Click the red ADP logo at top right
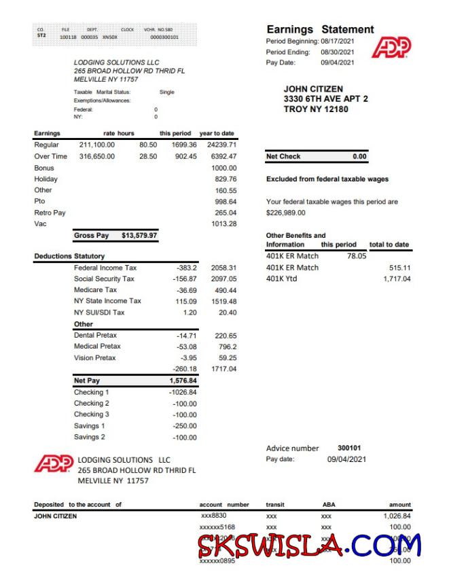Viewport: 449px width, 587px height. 392,48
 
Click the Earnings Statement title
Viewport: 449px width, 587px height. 320,30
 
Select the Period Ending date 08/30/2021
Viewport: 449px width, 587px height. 337,52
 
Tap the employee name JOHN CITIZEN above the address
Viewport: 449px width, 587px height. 312,89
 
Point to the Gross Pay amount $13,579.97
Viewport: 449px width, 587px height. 139,236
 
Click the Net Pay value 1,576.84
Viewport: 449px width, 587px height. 183,381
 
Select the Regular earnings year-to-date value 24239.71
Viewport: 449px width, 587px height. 221,145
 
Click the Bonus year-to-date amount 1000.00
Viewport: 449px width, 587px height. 223,168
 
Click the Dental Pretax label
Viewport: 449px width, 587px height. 95,336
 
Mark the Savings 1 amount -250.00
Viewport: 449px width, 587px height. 184,426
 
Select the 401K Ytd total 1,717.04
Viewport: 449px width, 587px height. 397,279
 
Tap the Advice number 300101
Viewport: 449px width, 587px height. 349,448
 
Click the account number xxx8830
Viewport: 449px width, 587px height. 214,516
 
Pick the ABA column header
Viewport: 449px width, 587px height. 328,505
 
